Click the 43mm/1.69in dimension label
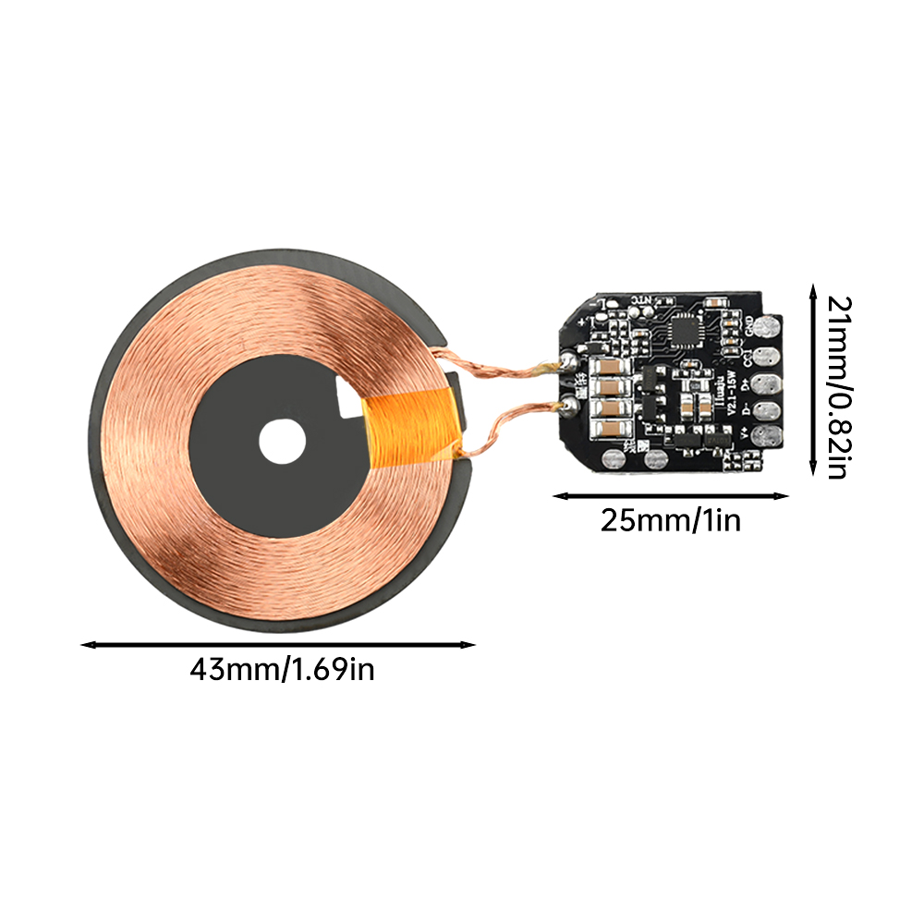(x=282, y=668)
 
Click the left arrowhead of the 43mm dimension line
(x=86, y=645)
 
